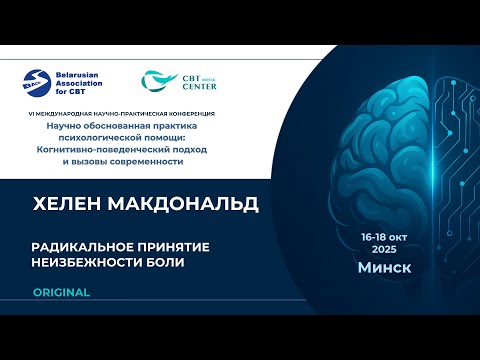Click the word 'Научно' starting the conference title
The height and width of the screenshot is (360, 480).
(60, 125)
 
